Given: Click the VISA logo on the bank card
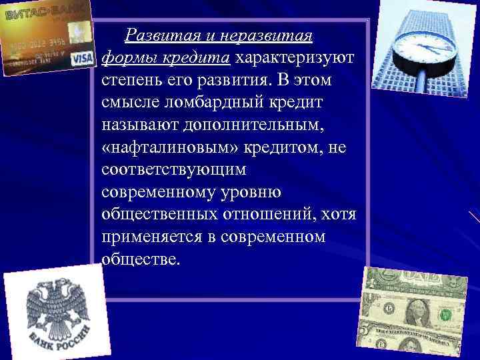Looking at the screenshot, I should (81, 59).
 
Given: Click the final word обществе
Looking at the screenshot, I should (141, 259).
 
